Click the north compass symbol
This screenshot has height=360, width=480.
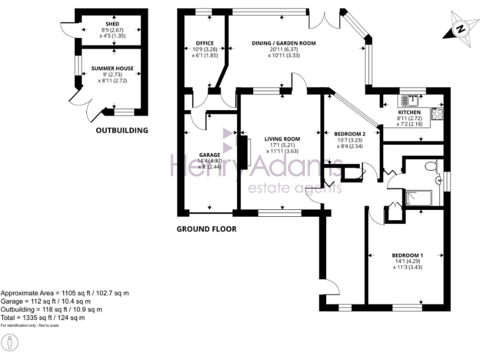tap(460, 28)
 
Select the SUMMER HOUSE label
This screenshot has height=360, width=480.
tap(112, 68)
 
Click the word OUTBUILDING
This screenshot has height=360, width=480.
tap(122, 131)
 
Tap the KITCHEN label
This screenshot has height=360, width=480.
tap(409, 112)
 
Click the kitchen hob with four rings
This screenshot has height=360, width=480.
tap(436, 114)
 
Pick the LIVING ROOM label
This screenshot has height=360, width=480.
tap(282, 139)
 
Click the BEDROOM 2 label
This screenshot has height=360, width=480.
tap(349, 134)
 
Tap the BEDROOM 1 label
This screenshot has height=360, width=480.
tap(407, 255)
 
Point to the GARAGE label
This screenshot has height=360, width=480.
tap(210, 155)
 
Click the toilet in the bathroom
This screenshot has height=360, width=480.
tap(430, 166)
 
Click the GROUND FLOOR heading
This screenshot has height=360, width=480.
tap(206, 229)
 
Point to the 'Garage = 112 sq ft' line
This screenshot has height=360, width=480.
tap(47, 301)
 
